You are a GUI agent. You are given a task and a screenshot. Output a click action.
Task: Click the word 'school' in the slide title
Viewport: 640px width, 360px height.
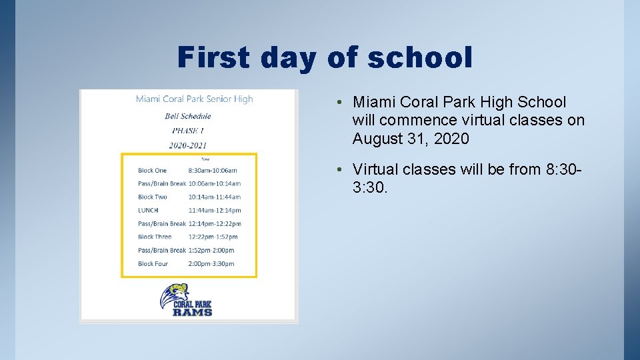(x=420, y=57)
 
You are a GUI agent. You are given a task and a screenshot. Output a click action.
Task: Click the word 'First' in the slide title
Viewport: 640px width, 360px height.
(x=214, y=57)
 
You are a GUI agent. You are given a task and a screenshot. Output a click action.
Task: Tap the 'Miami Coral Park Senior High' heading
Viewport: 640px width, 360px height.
(x=194, y=99)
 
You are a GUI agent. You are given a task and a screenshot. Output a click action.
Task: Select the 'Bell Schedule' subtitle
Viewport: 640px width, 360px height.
(x=188, y=116)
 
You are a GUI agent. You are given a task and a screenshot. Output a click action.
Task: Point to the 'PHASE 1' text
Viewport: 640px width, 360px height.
(x=188, y=131)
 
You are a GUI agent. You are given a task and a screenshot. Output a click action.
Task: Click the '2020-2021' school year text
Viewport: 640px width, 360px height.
(x=188, y=145)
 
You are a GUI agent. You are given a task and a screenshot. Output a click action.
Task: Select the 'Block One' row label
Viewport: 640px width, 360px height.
(x=153, y=170)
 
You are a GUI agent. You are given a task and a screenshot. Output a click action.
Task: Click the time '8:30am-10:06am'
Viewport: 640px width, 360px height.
(x=213, y=170)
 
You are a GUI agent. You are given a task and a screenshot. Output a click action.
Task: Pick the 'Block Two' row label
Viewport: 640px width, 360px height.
(x=153, y=197)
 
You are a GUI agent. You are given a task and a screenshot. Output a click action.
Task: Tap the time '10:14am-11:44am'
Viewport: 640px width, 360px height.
(x=215, y=197)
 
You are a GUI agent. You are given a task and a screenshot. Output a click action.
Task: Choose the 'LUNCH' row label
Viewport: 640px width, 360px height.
(x=148, y=210)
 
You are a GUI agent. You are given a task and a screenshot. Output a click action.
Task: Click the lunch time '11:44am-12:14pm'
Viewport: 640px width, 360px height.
(x=215, y=210)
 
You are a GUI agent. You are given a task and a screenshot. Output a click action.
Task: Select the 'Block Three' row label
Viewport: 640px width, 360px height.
(x=155, y=237)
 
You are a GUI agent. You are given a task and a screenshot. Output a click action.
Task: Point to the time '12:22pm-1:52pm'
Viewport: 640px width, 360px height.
(x=213, y=237)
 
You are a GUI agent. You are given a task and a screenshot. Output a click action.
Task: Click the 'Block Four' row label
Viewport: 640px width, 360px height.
(x=153, y=263)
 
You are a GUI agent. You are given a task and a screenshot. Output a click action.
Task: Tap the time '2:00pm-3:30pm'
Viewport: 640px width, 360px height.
(x=211, y=263)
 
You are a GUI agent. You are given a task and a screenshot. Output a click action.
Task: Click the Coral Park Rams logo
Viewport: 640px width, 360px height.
(x=186, y=300)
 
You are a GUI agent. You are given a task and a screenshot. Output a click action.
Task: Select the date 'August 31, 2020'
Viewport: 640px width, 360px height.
(x=411, y=139)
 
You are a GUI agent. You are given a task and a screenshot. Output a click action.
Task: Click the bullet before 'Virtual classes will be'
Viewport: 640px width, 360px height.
(x=340, y=170)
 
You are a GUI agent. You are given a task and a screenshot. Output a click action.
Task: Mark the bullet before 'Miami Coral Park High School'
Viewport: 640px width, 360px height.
(x=340, y=103)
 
